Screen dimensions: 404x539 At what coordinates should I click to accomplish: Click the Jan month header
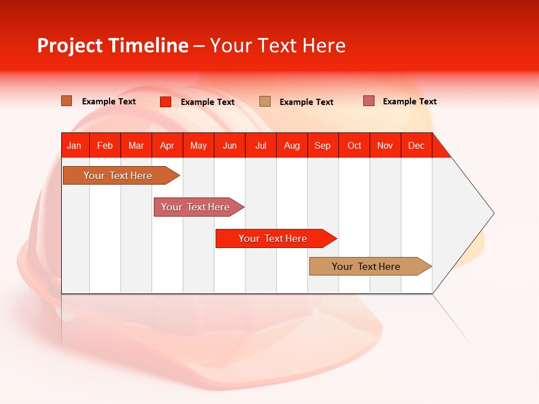point(75,145)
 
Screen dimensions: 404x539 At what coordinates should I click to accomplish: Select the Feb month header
point(105,145)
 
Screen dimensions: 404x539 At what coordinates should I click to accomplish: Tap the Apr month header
point(167,145)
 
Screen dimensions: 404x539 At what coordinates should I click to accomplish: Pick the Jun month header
point(230,145)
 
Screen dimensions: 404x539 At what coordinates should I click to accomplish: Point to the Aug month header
point(292,145)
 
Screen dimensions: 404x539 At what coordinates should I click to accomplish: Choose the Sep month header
point(323,145)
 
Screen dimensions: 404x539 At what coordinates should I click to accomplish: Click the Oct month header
point(354,145)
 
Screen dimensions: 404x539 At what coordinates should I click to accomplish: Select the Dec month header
point(417,145)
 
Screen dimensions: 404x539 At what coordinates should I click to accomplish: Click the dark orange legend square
point(67,101)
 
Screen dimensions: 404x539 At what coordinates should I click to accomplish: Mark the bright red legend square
point(166,102)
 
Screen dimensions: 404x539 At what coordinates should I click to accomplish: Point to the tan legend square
point(265,101)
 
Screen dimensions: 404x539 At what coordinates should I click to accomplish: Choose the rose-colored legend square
point(369,101)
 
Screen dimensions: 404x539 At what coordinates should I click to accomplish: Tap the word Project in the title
point(70,45)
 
